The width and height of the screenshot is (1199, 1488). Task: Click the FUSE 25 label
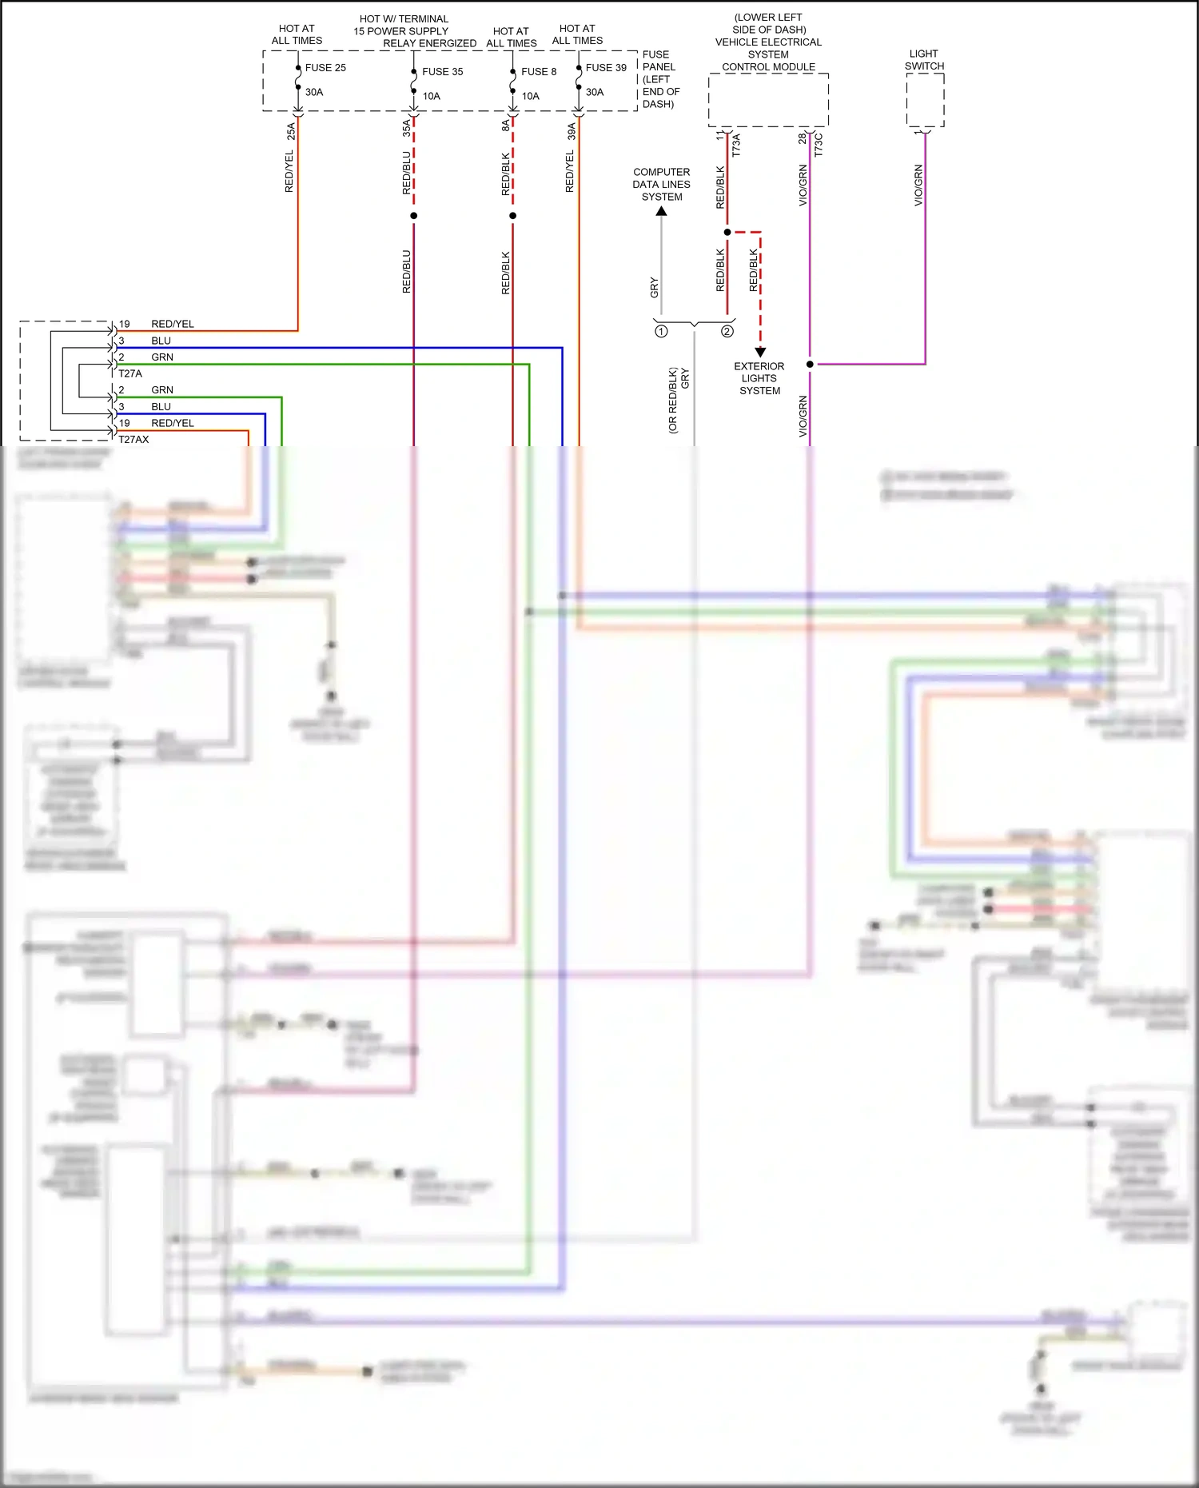pos(325,68)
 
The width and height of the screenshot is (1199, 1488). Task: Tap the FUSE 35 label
pos(442,72)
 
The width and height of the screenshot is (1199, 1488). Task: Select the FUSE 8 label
pos(539,72)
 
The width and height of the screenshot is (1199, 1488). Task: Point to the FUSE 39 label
pos(606,68)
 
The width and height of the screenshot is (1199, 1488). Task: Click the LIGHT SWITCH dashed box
pos(925,100)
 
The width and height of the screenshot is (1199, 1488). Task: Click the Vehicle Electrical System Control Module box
pos(768,100)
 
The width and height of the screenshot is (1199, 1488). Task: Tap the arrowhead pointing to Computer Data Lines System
pos(661,212)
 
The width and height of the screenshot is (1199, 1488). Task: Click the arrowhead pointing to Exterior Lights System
pos(760,352)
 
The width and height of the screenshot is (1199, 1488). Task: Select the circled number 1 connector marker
pos(661,331)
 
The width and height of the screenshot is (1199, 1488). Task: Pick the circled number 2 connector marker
pos(727,331)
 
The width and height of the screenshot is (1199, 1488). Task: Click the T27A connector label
pos(130,373)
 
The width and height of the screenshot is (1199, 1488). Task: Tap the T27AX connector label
pos(133,440)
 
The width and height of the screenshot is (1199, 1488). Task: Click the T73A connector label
pos(736,145)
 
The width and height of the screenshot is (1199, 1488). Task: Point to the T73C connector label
pos(818,145)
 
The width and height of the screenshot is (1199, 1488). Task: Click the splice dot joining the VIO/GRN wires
pos(810,365)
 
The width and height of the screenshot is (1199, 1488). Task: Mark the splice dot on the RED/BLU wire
pos(413,216)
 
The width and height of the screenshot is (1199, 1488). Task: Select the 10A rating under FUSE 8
pos(531,96)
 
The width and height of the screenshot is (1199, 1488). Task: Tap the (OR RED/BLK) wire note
pos(673,401)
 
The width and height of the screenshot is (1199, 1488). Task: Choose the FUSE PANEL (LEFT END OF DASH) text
pos(660,79)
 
